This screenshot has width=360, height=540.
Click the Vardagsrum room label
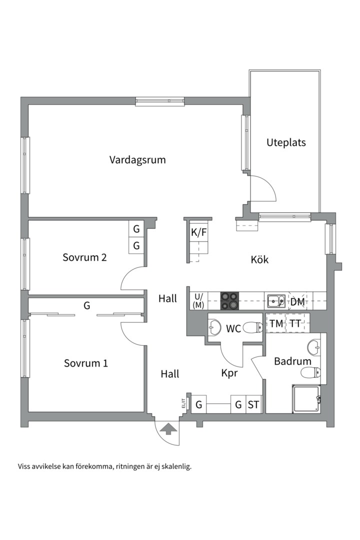(x=137, y=160)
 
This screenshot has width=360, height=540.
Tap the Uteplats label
(x=285, y=142)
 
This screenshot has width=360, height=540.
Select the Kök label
(x=259, y=259)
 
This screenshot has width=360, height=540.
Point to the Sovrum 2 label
(x=84, y=257)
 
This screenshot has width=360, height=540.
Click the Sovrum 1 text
(x=85, y=363)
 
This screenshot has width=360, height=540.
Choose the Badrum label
(x=292, y=361)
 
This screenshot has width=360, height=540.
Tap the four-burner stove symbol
(x=230, y=301)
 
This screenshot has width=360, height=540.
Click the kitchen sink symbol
(x=275, y=301)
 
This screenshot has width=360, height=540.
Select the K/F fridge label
(x=198, y=232)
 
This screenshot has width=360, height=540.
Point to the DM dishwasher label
(x=298, y=301)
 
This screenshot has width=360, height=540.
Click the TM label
(x=276, y=324)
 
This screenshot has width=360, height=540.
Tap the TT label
(x=295, y=324)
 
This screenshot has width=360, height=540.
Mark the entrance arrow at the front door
(x=168, y=428)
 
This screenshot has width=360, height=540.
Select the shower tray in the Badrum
(x=305, y=399)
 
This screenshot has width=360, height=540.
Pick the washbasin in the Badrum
(x=314, y=346)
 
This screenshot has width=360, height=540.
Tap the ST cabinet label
(x=253, y=404)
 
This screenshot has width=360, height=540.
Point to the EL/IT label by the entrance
(x=183, y=403)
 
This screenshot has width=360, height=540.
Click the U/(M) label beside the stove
(x=198, y=301)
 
